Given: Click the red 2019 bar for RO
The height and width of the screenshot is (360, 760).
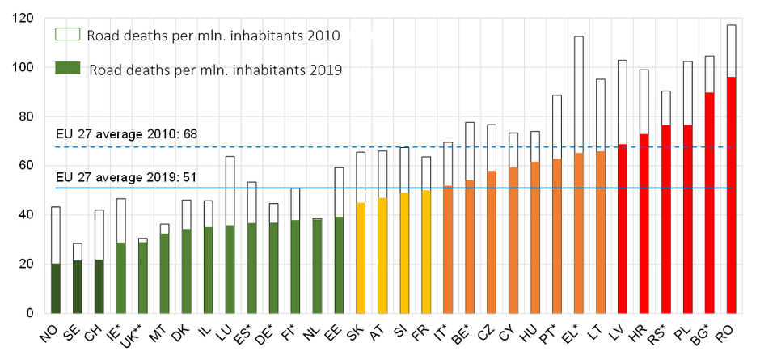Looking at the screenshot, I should [x=731, y=195].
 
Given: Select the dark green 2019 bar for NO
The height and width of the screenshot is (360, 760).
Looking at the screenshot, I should [x=55, y=288].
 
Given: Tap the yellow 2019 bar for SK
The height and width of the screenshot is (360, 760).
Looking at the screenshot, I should [x=360, y=257].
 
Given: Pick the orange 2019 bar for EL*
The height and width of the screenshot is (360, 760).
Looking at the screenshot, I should [x=578, y=233].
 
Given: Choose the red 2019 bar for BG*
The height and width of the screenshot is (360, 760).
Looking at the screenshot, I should [x=709, y=202].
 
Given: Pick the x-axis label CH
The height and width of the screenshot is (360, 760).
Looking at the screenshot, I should [x=95, y=331].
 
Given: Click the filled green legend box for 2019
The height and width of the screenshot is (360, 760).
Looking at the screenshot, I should [x=66, y=70].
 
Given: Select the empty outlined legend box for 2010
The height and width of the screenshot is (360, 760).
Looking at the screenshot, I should [x=66, y=35].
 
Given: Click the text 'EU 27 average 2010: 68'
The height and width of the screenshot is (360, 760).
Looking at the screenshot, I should [x=126, y=133].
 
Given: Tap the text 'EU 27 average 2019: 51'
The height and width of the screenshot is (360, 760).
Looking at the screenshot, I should [x=126, y=176].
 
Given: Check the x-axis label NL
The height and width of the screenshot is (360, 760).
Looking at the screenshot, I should [x=312, y=331].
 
